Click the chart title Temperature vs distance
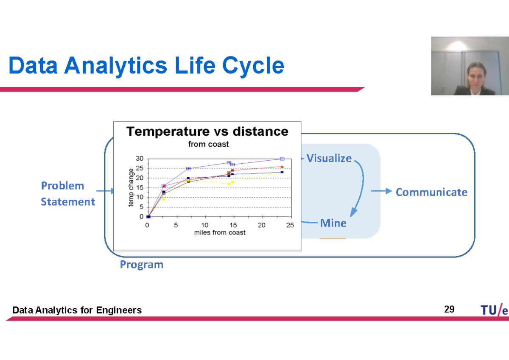point(207,132)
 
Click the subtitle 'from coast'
point(208,144)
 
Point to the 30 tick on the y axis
point(140,159)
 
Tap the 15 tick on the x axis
point(233,225)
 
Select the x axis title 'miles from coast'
point(220,232)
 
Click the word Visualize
point(329,158)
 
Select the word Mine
point(333,223)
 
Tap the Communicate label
point(431,192)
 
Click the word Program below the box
point(141,265)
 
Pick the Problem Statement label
point(68,193)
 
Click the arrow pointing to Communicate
point(381,191)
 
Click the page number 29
point(449,309)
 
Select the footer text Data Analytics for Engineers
point(77,310)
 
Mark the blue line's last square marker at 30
point(282,159)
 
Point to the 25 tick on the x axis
point(290,225)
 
